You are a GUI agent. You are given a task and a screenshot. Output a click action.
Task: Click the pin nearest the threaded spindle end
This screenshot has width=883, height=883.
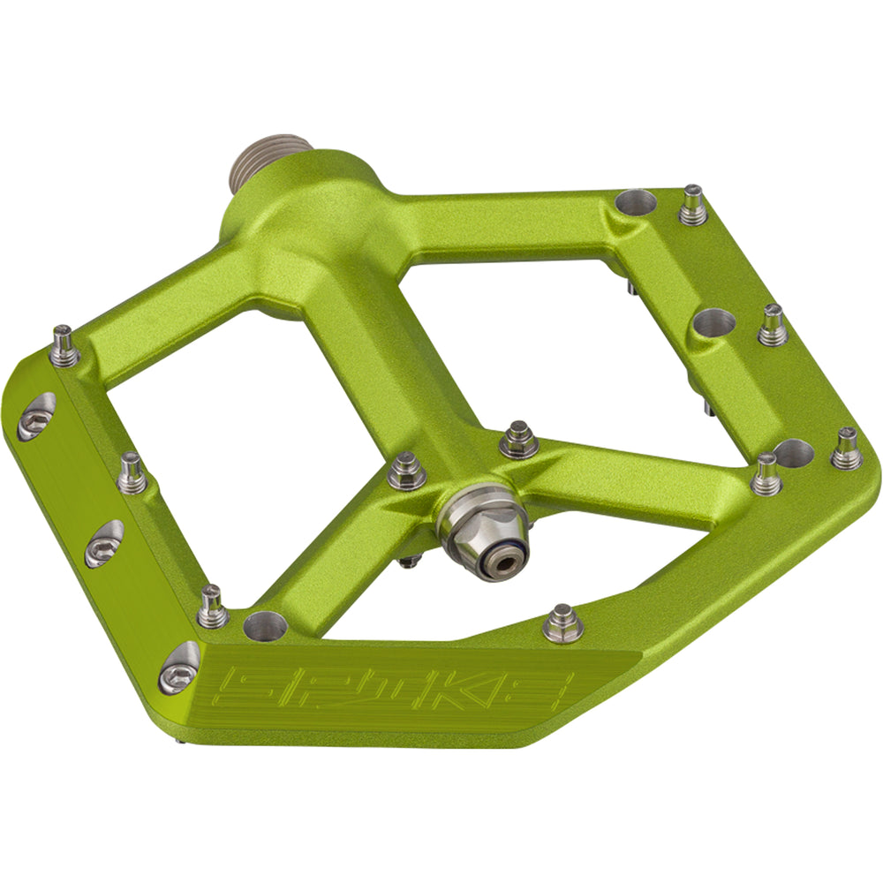pos(64,345)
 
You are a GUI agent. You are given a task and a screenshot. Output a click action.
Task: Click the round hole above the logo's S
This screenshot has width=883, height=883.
pos(265,626)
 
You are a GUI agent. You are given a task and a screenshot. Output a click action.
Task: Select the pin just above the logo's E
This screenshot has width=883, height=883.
pos(562,623)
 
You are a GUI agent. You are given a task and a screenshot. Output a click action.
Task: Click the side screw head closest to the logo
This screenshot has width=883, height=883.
pos(179,668)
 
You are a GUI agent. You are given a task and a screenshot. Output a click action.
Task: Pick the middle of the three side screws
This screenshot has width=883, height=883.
pos(104,543)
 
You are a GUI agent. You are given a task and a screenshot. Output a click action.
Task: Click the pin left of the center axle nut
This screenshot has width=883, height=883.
pos(407,469)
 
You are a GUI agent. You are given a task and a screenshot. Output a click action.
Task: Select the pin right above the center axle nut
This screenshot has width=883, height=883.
pos(518,439)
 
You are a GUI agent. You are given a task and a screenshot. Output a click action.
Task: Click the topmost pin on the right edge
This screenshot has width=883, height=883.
pos(693,205)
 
